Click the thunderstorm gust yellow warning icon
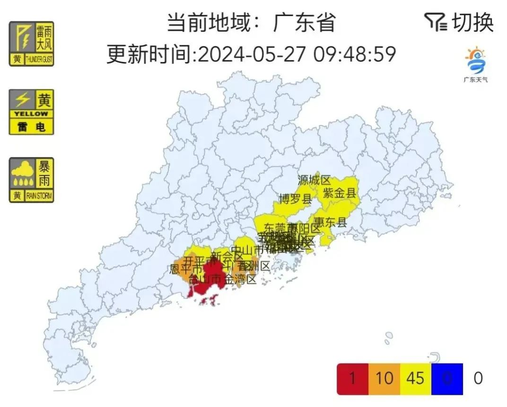(x=31, y=44)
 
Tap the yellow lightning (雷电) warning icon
(x=31, y=112)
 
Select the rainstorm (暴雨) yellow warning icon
(x=31, y=180)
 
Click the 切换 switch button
(x=473, y=22)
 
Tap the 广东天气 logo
(x=475, y=64)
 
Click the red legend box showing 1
(x=352, y=379)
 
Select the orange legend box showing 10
(x=384, y=379)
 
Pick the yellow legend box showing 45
(x=415, y=379)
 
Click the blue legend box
(x=446, y=379)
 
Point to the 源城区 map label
(x=314, y=180)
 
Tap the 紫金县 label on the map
(x=339, y=193)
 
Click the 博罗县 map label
(x=296, y=199)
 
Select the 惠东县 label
(x=330, y=222)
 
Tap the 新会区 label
(x=227, y=257)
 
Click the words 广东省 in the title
(x=304, y=22)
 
